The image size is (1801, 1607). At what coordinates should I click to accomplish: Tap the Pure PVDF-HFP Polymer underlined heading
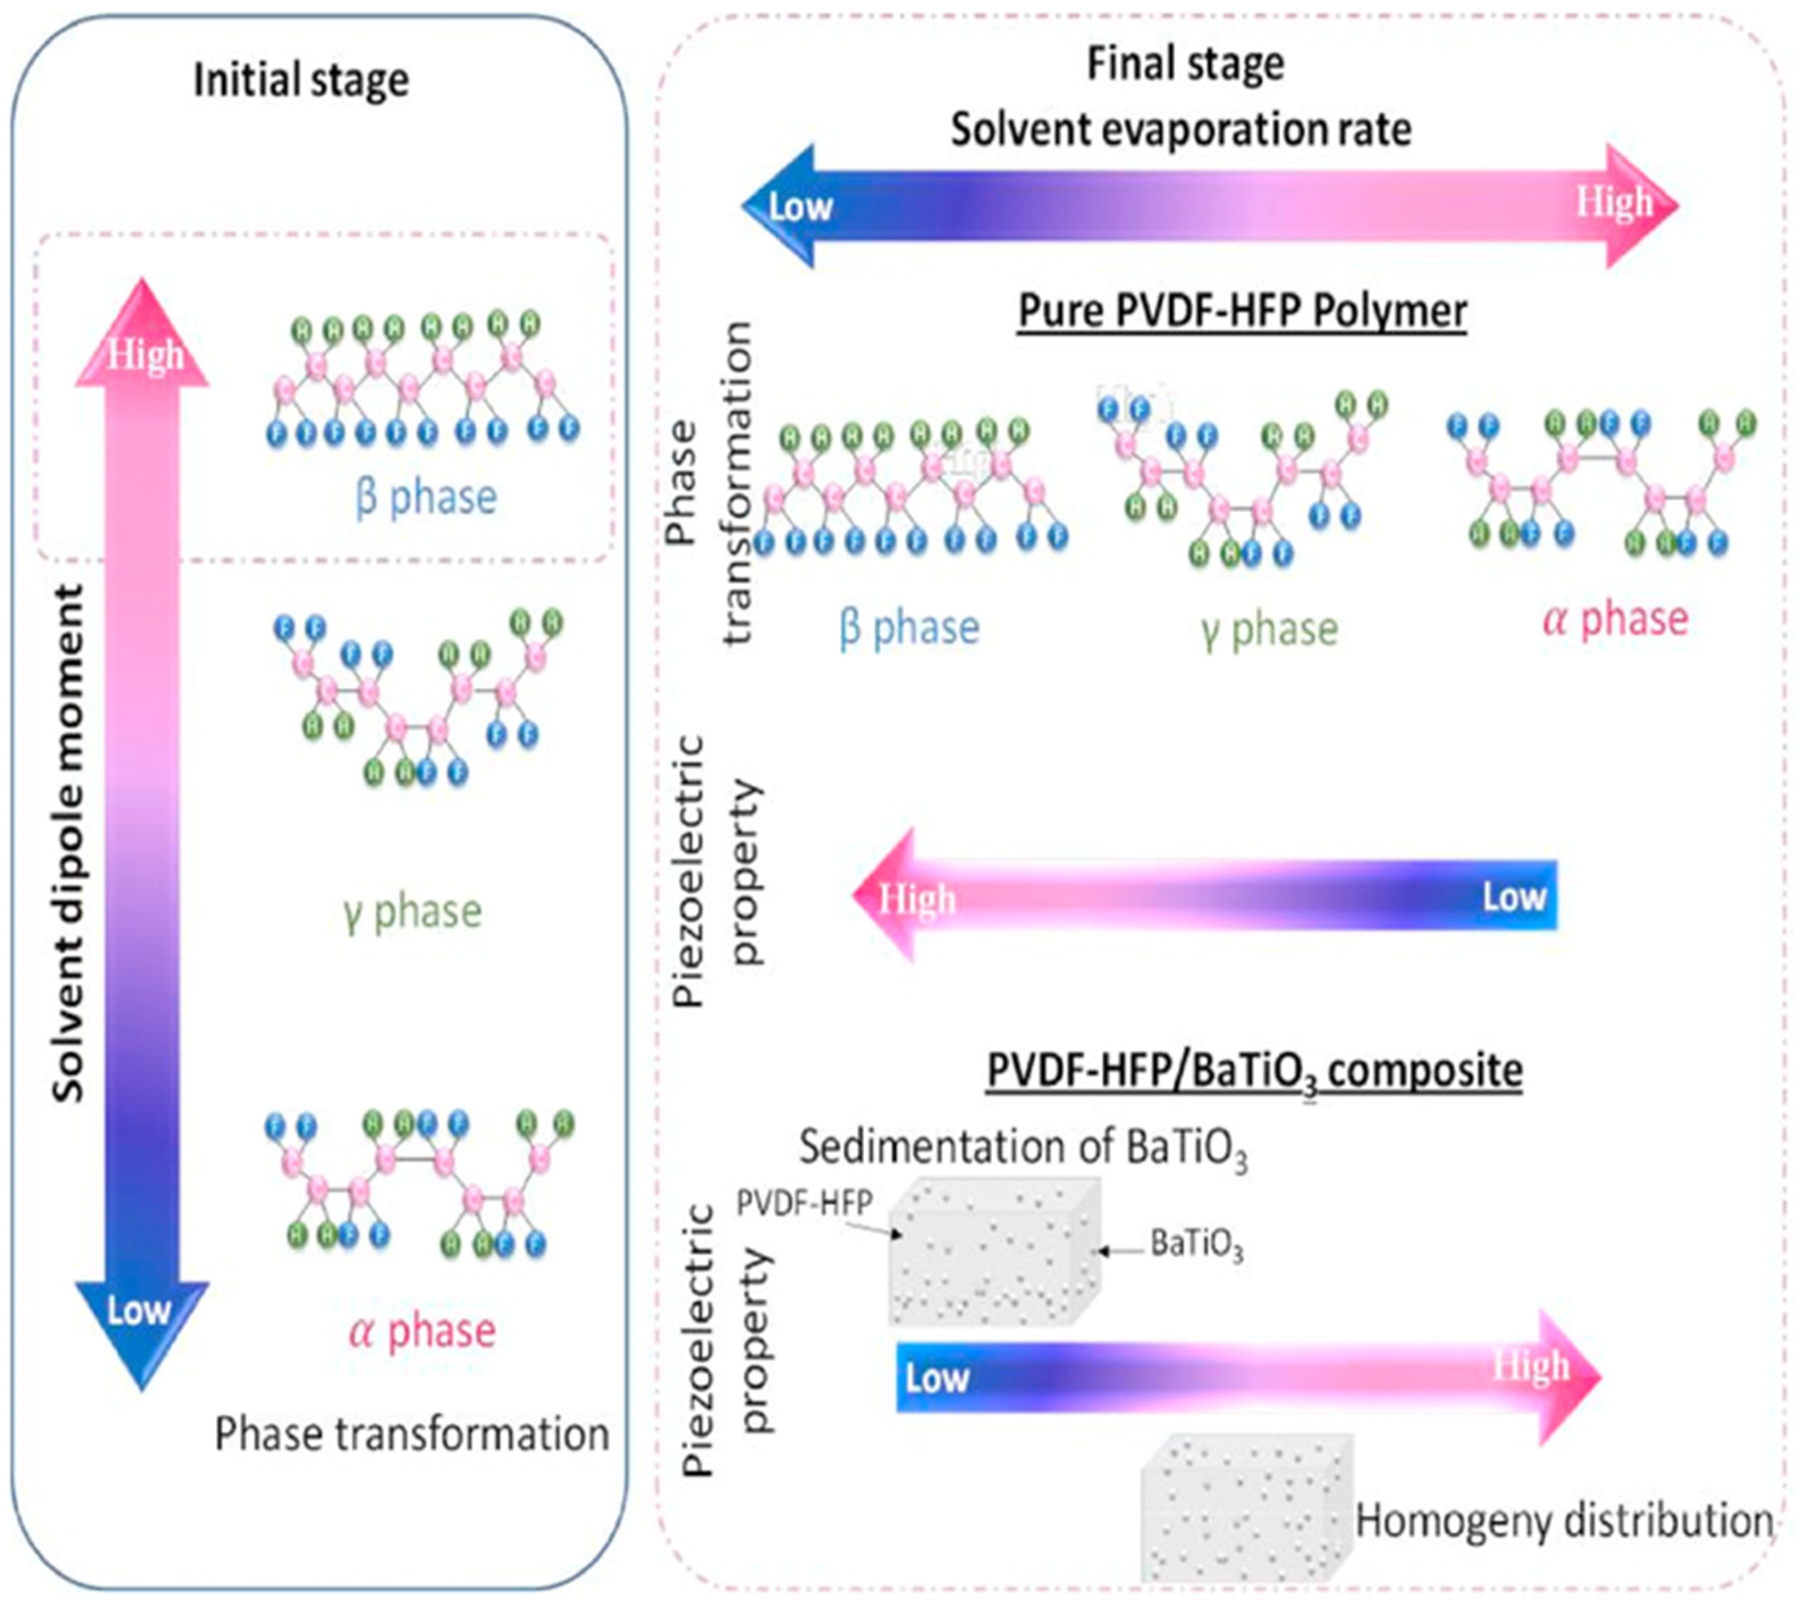pos(1242,311)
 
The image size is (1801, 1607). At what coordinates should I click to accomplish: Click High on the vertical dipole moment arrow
pos(144,356)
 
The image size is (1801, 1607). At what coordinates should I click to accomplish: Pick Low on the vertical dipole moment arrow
pos(138,1310)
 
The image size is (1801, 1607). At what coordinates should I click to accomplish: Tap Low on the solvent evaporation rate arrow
pos(800,206)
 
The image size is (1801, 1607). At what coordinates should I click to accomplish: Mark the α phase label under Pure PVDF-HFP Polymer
pos(1616,618)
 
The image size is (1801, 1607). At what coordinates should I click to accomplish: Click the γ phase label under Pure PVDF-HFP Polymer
pos(1269,629)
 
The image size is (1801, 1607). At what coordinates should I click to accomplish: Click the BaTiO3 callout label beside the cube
pos(1196,1245)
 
